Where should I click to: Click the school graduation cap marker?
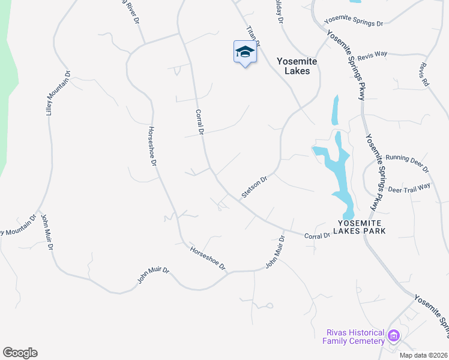(x=245, y=52)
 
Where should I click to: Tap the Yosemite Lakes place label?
(x=293, y=66)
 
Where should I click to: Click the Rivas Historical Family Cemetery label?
(x=354, y=337)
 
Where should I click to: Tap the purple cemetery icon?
(x=394, y=335)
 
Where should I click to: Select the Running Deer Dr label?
(x=408, y=162)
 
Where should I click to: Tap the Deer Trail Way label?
(x=409, y=188)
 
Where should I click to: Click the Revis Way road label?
(x=372, y=55)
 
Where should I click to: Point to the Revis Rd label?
(x=425, y=74)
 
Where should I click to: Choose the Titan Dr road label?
(x=253, y=36)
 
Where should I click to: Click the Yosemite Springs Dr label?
(x=354, y=21)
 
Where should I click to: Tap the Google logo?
(x=20, y=353)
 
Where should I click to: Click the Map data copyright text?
(x=424, y=355)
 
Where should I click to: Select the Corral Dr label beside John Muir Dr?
(x=318, y=235)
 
